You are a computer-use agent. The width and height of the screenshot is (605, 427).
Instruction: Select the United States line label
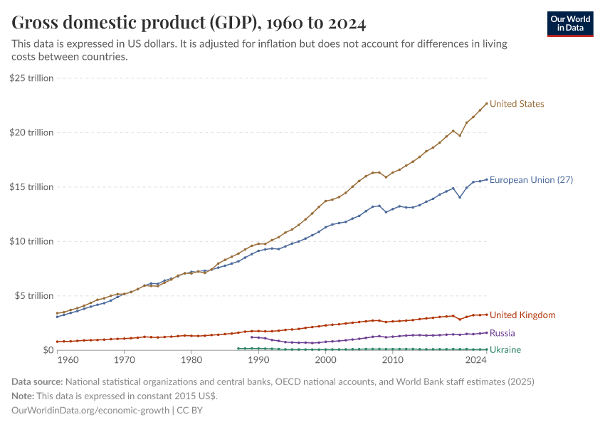[517, 104]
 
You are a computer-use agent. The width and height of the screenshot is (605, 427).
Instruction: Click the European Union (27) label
[531, 180]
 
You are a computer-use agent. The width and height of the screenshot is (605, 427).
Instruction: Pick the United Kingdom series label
[522, 315]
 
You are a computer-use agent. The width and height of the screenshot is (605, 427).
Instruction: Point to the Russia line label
[502, 333]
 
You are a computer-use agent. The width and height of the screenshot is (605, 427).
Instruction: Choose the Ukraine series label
[505, 349]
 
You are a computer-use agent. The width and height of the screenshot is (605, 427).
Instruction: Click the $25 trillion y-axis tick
[31, 78]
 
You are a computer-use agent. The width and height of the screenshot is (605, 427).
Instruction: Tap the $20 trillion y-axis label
[31, 132]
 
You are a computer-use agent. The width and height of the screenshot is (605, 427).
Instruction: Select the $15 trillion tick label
[31, 187]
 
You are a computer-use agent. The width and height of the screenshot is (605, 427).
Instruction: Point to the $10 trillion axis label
[31, 241]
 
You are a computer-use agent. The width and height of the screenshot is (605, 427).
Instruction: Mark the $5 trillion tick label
[33, 296]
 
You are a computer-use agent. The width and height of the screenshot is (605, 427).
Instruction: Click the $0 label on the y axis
[48, 350]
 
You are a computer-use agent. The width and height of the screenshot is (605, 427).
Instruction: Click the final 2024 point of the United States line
[487, 104]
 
